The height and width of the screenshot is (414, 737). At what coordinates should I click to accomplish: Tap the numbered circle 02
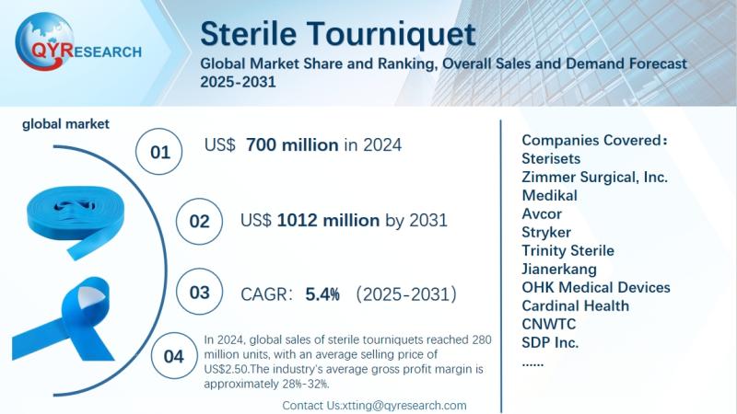[199, 222]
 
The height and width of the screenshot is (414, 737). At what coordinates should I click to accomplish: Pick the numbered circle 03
[199, 293]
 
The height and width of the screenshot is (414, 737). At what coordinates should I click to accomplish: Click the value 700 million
[294, 145]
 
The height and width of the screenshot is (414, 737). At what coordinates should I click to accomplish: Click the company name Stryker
[546, 232]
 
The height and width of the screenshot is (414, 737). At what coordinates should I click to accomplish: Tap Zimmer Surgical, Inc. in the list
[594, 177]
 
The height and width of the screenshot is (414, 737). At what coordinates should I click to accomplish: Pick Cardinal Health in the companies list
[575, 305]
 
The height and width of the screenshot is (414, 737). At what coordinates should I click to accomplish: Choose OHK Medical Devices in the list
[595, 287]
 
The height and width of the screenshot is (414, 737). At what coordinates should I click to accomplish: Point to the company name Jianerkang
[559, 269]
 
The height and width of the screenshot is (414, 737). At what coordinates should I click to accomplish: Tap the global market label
[65, 123]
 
